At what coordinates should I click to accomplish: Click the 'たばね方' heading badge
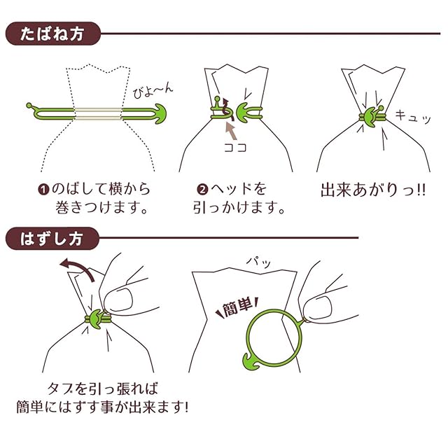[x=53, y=33]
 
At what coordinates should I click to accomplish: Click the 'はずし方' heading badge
[x=53, y=238]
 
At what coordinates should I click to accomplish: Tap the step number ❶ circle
[x=43, y=190]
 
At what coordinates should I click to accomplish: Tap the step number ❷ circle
[x=202, y=190]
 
